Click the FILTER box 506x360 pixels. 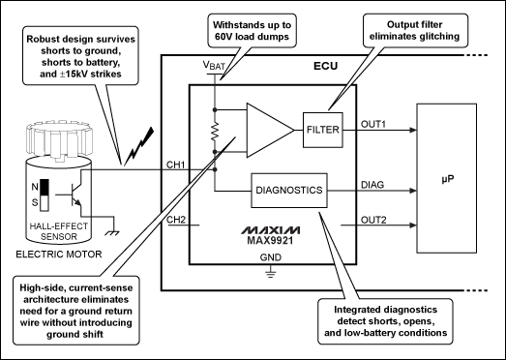323,127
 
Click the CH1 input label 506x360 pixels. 176,165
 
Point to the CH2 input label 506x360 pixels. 176,220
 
